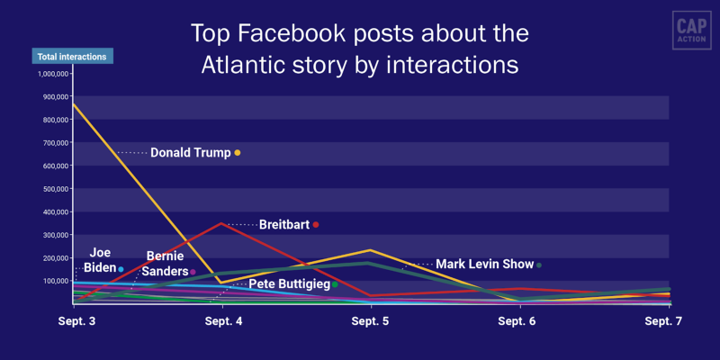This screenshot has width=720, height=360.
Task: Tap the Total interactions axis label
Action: [x=72, y=57]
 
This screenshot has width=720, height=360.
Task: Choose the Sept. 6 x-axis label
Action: [x=517, y=321]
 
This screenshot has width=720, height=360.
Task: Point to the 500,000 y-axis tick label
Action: [x=52, y=189]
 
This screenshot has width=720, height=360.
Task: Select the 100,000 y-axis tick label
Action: [x=52, y=281]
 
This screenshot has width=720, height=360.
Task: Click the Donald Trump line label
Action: [x=190, y=152]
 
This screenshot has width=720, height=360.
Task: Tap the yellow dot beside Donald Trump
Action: [x=238, y=153]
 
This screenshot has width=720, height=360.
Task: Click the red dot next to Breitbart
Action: [x=316, y=224]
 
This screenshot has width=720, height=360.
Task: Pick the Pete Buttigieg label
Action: [x=287, y=284]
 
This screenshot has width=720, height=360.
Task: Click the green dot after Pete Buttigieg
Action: [x=335, y=284]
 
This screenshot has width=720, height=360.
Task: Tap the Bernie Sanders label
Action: [x=165, y=264]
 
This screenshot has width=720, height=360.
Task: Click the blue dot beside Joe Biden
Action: [x=121, y=269]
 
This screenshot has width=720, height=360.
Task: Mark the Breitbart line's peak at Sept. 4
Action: [x=222, y=223]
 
